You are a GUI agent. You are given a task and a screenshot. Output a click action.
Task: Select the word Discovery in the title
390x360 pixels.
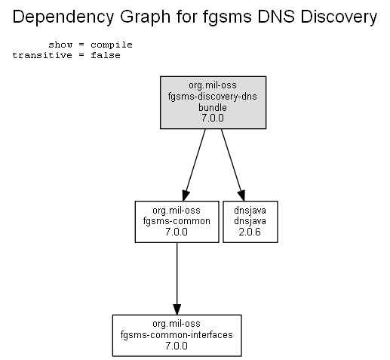pos(339,17)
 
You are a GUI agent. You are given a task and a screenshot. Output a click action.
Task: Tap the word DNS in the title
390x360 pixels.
pos(276,17)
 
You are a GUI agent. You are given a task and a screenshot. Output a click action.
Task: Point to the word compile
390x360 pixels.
pos(112,45)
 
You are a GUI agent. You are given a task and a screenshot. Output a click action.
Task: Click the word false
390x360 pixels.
pos(106,55)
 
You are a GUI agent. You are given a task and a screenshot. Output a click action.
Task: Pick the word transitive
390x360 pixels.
pos(42,55)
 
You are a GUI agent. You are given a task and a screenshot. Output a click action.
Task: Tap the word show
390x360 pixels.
pos(60,45)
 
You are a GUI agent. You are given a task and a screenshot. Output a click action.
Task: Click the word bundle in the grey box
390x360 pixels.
pos(213,107)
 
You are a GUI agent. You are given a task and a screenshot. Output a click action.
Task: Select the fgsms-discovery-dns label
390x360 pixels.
pos(213,97)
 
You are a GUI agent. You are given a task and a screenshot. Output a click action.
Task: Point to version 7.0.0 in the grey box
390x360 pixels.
pos(213,118)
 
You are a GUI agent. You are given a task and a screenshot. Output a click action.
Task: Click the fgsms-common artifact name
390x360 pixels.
pos(177,221)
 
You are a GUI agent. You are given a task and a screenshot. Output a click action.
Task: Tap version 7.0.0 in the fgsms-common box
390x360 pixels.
pos(177,232)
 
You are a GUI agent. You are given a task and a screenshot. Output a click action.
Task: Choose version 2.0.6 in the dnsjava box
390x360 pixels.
pos(250,232)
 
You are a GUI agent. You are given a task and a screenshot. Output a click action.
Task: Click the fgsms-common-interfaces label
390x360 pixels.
pos(177,334)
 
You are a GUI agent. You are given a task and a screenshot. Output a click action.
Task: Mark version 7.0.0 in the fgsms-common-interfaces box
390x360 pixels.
pos(177,346)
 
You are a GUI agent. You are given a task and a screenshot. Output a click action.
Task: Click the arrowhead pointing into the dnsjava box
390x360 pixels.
pos(241,195)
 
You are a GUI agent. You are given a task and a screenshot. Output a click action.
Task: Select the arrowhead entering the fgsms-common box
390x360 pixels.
pos(186,195)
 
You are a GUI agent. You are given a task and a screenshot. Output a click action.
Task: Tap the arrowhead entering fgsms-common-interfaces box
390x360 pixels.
pos(177,309)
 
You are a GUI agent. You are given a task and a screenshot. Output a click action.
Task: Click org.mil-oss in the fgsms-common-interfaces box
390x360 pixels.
pos(177,324)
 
